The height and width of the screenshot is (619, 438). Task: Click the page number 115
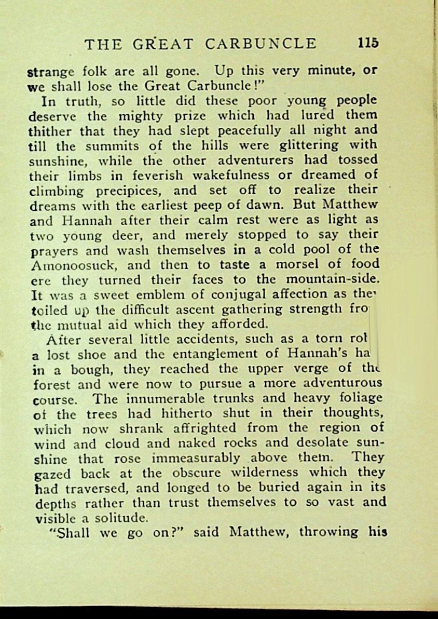pos(368,43)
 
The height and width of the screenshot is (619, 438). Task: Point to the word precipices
pos(130,190)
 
